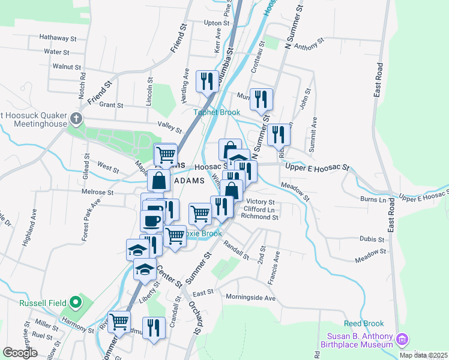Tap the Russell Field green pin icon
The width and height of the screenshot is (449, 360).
(x=74, y=302)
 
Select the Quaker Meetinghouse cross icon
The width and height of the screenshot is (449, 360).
(x=76, y=117)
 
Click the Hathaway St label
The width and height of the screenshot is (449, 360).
(x=58, y=37)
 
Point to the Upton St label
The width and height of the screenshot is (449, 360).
(x=217, y=23)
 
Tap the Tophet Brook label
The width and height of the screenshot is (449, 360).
(x=216, y=112)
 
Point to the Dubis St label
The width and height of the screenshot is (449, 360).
(x=372, y=239)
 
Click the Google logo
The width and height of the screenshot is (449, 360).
(x=20, y=353)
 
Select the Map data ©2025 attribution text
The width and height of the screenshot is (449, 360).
(x=423, y=355)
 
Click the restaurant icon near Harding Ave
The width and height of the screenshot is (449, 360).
(x=207, y=80)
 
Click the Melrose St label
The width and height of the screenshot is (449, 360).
(x=97, y=193)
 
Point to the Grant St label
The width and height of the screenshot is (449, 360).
(x=111, y=105)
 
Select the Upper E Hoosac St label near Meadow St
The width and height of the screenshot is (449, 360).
(x=317, y=167)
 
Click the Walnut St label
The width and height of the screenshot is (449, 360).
(x=67, y=67)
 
